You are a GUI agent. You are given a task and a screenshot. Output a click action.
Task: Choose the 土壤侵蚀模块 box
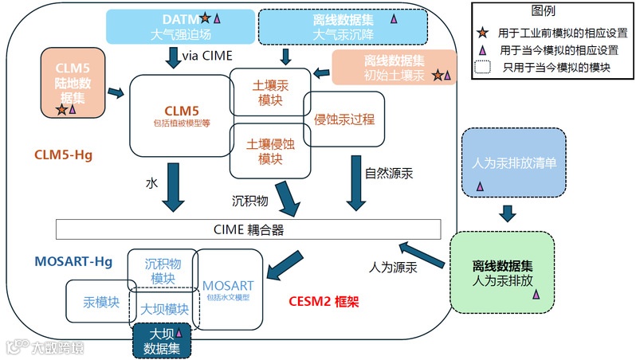click(265, 151)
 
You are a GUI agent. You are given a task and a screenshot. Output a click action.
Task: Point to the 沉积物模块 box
click(163, 270)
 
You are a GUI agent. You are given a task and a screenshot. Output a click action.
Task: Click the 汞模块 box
click(101, 303)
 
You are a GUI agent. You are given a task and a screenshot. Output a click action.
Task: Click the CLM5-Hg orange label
click(64, 155)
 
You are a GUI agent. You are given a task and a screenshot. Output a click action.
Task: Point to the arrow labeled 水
click(173, 187)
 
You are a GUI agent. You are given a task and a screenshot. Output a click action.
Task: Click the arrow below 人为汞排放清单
click(508, 213)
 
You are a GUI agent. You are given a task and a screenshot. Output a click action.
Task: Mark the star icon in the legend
click(482, 33)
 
